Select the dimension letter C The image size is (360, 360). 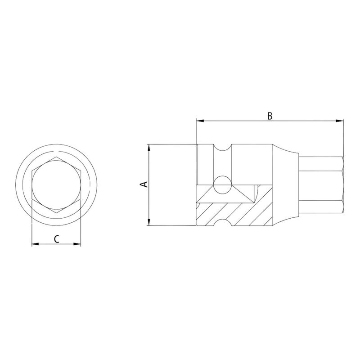point(56,239)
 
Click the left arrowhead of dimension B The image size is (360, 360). point(199,121)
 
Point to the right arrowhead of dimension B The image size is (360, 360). point(341,121)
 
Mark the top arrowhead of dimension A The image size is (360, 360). point(148,147)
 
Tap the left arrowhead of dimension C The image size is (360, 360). point(34,244)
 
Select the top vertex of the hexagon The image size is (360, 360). point(56,159)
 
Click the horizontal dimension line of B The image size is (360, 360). point(234,121)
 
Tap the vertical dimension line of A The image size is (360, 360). point(148,202)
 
